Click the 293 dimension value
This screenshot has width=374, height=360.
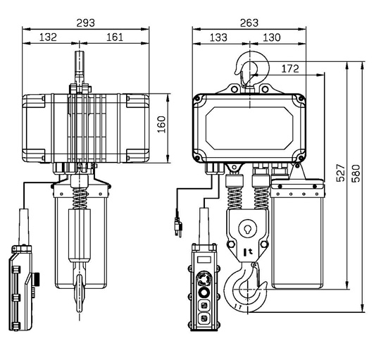click(85, 23)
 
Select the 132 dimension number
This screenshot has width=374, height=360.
click(48, 37)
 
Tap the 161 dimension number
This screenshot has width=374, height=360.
click(115, 37)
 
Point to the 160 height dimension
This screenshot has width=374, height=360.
click(161, 124)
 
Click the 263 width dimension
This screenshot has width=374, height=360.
click(249, 23)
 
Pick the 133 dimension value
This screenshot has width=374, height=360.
click(218, 37)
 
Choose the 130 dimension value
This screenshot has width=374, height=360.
click(271, 37)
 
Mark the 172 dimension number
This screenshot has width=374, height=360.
click(290, 69)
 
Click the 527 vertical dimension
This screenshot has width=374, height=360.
click(341, 173)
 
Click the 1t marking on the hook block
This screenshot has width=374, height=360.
click(248, 252)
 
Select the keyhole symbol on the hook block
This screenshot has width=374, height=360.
click(247, 229)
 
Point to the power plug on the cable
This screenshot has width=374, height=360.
click(178, 227)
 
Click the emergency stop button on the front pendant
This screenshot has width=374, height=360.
click(204, 278)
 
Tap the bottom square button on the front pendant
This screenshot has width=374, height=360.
click(204, 318)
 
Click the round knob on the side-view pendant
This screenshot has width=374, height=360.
click(37, 279)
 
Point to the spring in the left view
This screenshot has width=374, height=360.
click(80, 199)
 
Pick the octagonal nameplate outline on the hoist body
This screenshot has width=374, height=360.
click(249, 128)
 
